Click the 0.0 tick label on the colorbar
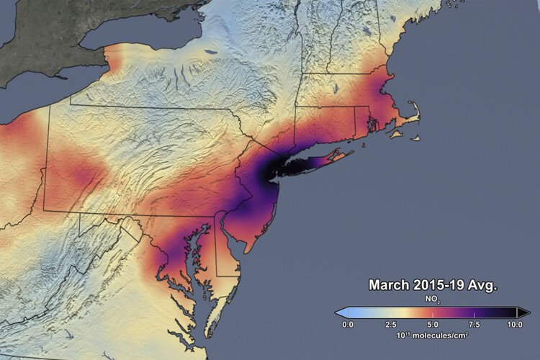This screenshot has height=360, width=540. [x=348, y=325]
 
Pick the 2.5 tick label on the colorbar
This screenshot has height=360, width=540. [x=390, y=325]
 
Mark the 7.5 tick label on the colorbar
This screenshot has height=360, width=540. [x=474, y=325]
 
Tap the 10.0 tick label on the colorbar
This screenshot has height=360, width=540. [x=516, y=325]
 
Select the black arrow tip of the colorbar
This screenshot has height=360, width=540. [x=525, y=312]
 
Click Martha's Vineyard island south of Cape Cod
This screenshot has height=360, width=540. [x=395, y=132]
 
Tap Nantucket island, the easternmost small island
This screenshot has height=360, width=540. [x=415, y=135]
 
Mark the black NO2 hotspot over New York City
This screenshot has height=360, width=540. [x=271, y=170]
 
